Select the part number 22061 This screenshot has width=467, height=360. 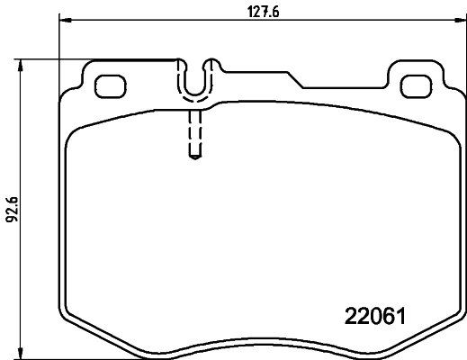coord(377,317)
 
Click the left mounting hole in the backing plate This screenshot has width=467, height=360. coord(110,86)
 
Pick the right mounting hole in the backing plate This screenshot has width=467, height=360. coord(415,86)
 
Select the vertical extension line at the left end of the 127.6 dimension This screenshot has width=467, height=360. coord(59,54)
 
